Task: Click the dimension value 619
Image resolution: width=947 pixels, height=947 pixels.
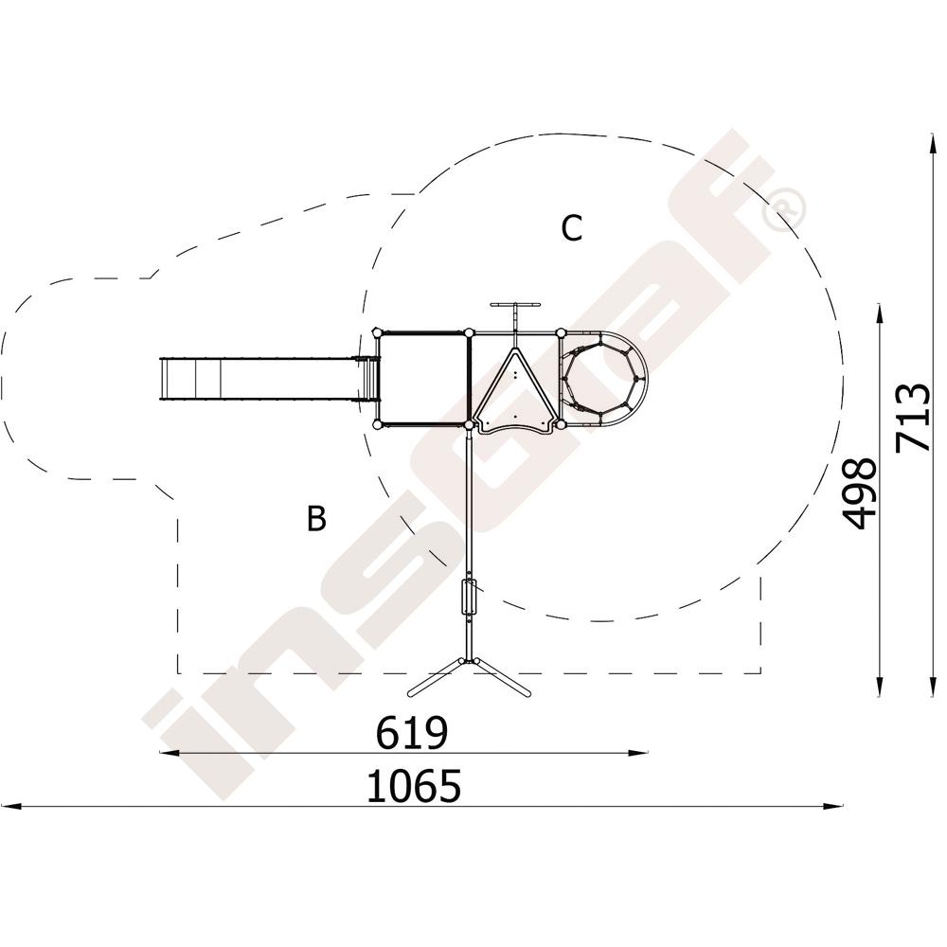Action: (412, 733)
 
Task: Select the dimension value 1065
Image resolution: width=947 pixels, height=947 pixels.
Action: (414, 786)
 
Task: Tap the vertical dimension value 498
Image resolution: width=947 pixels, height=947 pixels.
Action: (859, 493)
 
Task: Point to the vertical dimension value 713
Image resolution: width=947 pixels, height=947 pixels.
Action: (912, 418)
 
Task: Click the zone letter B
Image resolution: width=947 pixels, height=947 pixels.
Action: (316, 518)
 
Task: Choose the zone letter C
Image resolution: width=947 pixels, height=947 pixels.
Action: (571, 228)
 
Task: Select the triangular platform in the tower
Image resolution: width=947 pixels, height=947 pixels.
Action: (514, 393)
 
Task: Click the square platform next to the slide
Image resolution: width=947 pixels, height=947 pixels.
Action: (422, 379)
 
